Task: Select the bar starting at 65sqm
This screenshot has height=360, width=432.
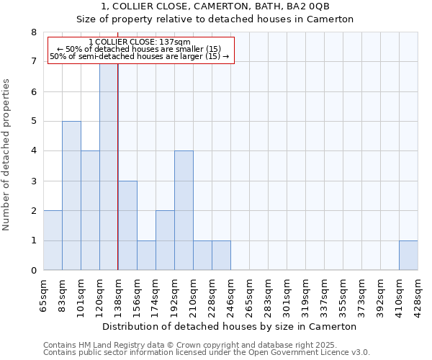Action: click(x=53, y=240)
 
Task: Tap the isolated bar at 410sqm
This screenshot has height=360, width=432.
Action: click(x=408, y=256)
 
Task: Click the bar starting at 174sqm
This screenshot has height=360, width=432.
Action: click(x=165, y=240)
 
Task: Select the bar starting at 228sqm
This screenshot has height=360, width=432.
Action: click(x=221, y=256)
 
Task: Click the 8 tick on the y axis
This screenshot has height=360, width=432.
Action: click(x=33, y=32)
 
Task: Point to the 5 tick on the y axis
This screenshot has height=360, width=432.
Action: click(x=33, y=122)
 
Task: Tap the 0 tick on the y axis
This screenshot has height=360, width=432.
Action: click(x=33, y=271)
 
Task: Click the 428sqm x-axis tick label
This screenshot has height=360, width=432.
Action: click(x=418, y=294)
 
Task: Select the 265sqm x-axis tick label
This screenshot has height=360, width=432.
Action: click(x=250, y=294)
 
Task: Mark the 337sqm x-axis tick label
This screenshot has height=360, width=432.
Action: click(x=325, y=294)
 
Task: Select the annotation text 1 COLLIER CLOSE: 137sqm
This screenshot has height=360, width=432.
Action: click(x=140, y=42)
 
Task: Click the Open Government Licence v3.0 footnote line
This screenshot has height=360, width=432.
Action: click(x=207, y=353)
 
